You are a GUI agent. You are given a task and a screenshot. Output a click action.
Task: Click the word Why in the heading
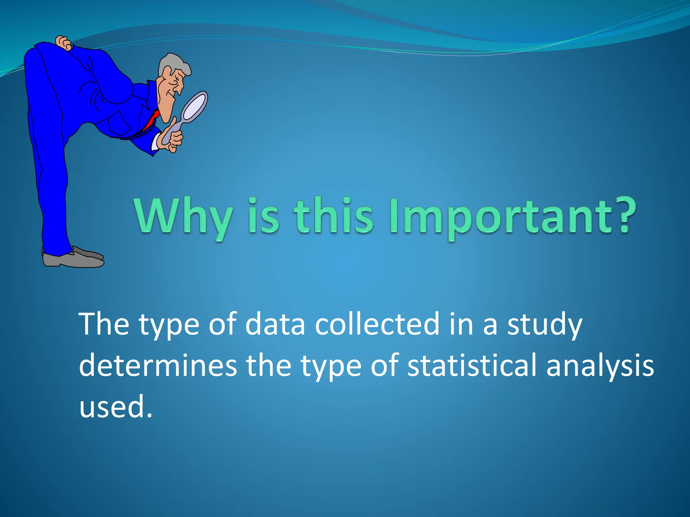click(x=184, y=217)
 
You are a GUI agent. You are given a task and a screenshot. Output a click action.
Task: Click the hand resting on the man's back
click(x=63, y=43)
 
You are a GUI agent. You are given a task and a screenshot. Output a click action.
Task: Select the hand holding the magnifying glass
click(x=173, y=138)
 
